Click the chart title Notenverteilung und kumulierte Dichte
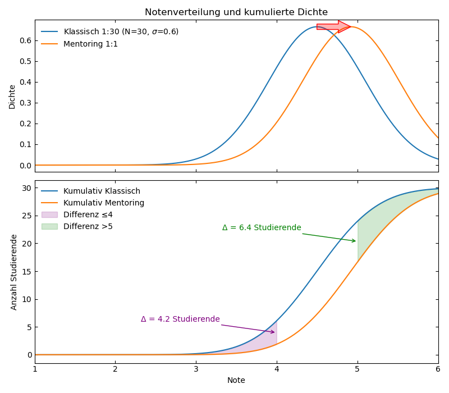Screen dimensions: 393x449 236,12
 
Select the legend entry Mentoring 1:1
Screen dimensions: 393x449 90,44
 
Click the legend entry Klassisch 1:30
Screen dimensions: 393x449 121,31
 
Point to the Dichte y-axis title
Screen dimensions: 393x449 12,97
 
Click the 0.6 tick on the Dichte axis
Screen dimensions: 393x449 25,40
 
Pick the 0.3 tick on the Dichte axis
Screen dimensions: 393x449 25,103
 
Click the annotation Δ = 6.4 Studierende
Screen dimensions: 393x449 262,227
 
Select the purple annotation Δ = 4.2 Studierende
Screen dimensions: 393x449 180,319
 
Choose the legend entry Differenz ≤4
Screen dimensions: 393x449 88,214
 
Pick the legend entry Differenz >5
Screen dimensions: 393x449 88,226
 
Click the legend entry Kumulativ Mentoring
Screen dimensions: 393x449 103,203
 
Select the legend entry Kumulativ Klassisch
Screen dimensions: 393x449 102,191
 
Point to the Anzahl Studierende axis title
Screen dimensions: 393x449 13,272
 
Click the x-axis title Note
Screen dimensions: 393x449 236,380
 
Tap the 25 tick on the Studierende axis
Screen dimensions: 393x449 25,216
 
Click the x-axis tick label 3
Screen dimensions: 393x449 196,369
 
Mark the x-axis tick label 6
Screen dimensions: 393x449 438,369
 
